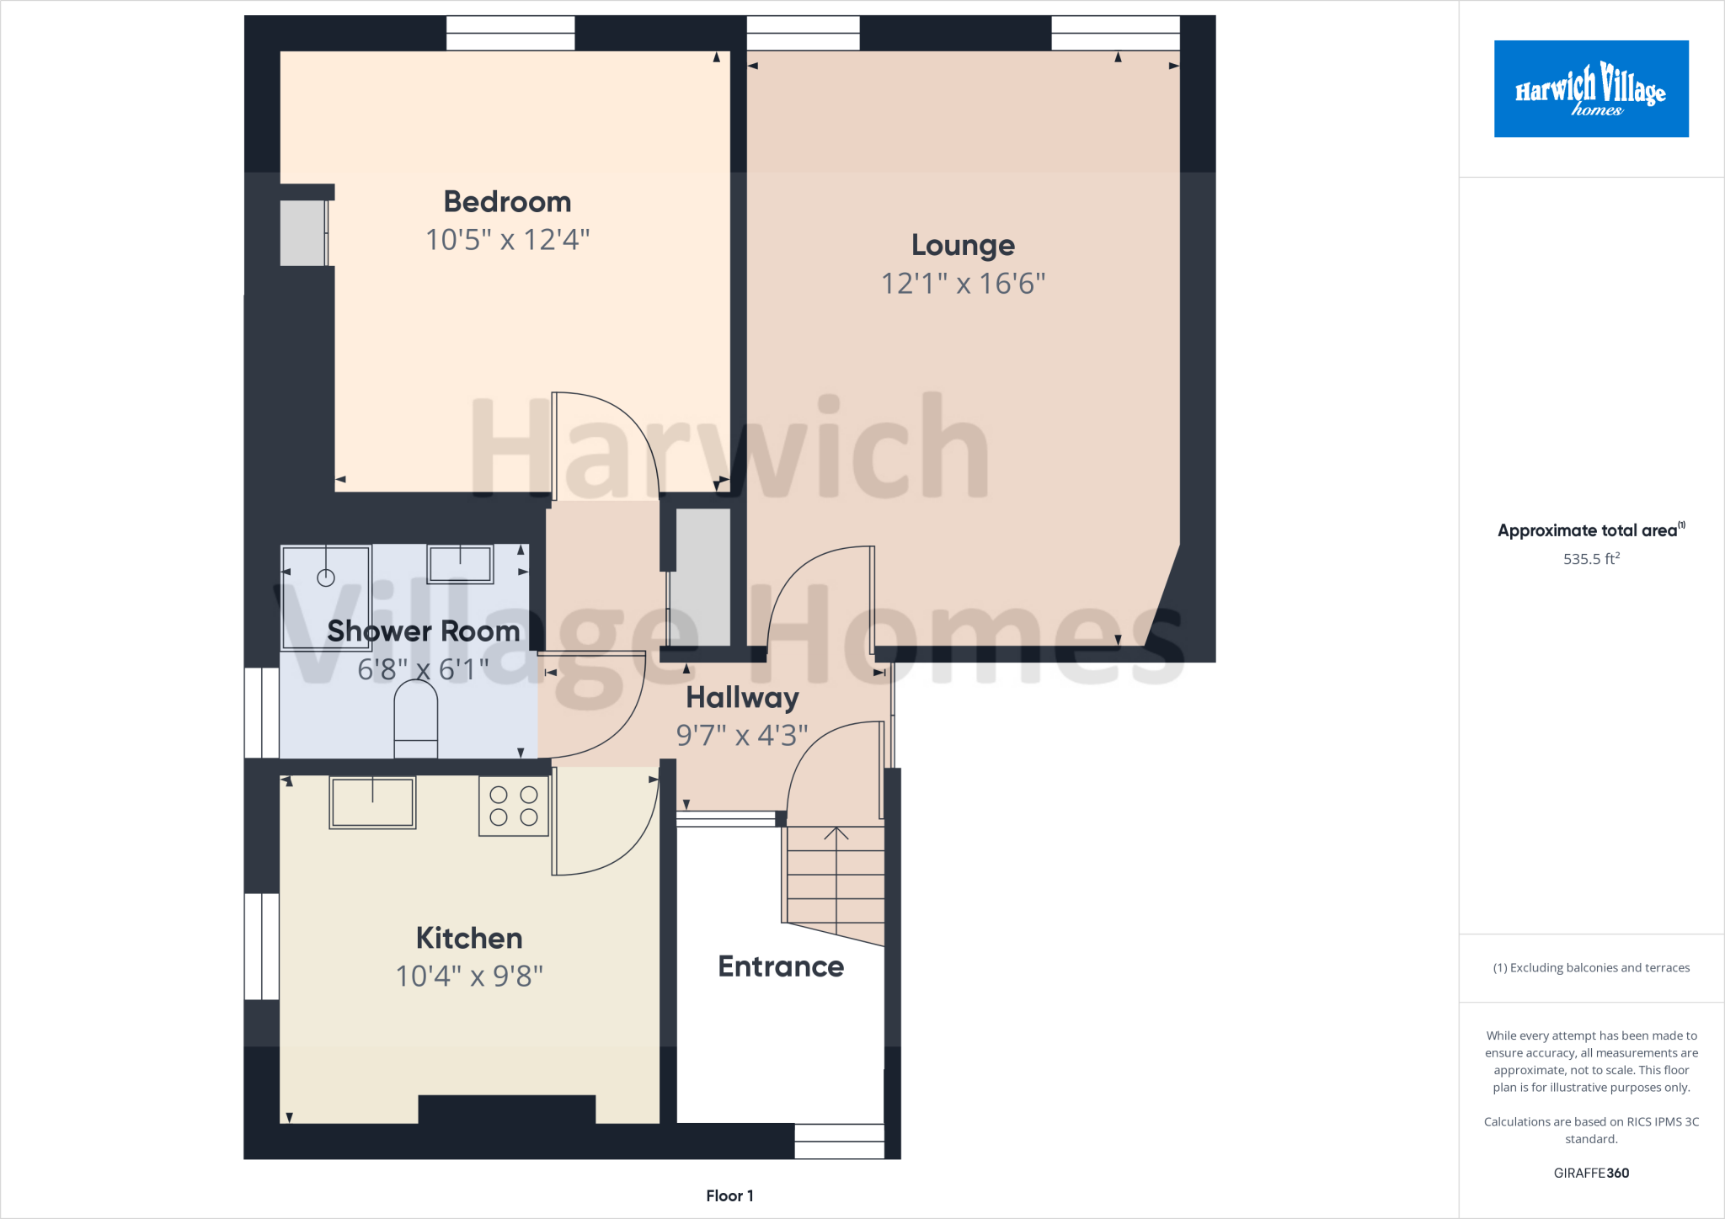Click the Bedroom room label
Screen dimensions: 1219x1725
click(507, 202)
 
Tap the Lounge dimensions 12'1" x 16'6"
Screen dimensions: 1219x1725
click(963, 284)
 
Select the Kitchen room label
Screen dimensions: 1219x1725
click(469, 938)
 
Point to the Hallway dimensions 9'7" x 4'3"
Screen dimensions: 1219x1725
click(741, 736)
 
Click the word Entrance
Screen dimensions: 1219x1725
click(781, 966)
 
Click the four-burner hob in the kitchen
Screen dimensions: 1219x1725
click(514, 806)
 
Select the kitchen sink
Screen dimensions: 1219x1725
click(372, 802)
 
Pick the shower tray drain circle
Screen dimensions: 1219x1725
click(326, 578)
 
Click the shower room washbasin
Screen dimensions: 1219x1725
click(460, 563)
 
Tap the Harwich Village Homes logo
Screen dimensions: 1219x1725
click(1590, 89)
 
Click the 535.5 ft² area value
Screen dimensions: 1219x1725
click(1590, 559)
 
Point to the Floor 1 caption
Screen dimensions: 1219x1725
click(729, 1195)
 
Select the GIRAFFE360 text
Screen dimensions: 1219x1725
click(1590, 1173)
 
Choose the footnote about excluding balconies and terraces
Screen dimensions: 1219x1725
click(1590, 968)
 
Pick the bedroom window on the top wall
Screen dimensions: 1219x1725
click(510, 34)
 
